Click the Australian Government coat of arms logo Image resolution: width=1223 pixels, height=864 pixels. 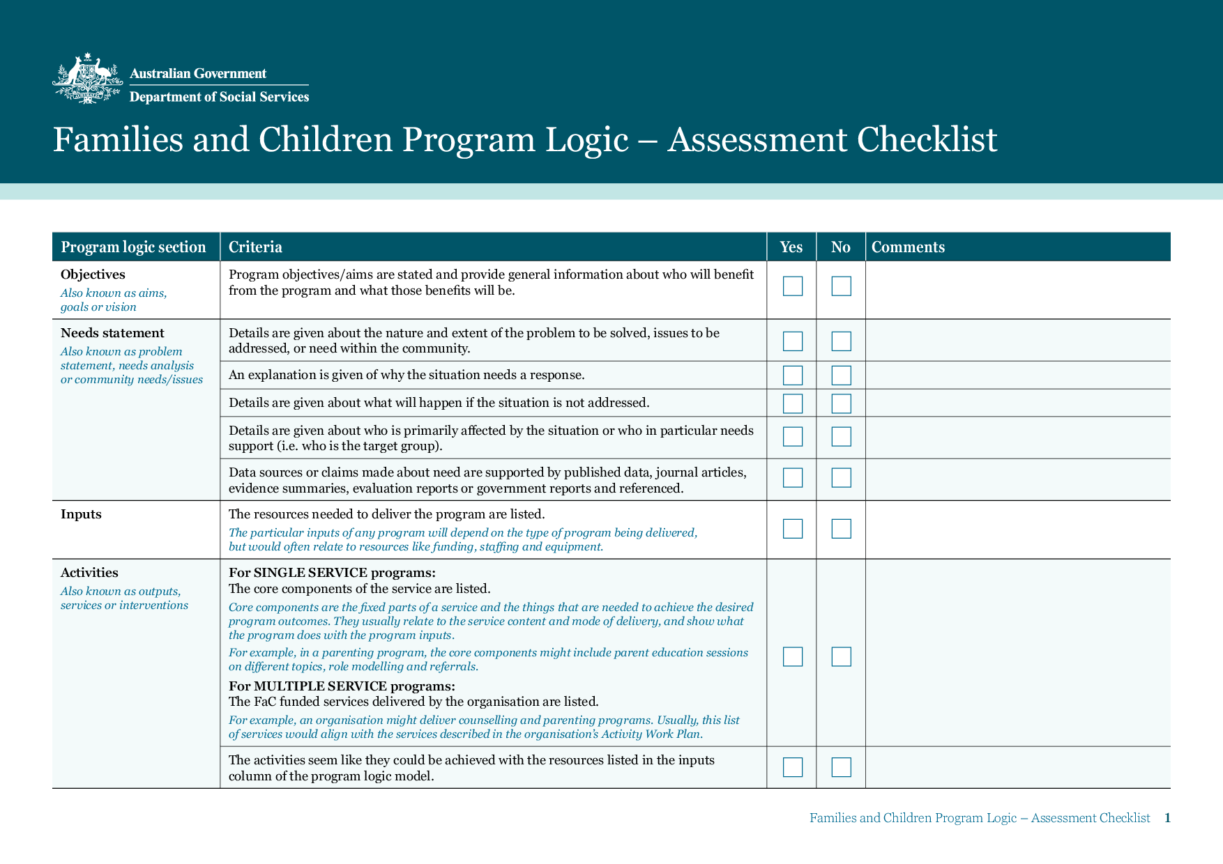pyautogui.click(x=87, y=79)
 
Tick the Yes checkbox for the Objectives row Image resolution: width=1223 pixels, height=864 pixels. pyautogui.click(x=792, y=286)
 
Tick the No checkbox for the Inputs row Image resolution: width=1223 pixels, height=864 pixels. pyautogui.click(x=841, y=529)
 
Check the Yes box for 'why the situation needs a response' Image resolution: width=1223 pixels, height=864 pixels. pyautogui.click(x=792, y=376)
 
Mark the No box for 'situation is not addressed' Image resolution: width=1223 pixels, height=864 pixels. pyautogui.click(x=841, y=403)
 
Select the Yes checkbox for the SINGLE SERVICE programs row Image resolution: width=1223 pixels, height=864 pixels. pyautogui.click(x=792, y=656)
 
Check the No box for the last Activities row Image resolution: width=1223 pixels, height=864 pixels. pyautogui.click(x=841, y=767)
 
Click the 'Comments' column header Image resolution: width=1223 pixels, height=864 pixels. pyautogui.click(x=908, y=247)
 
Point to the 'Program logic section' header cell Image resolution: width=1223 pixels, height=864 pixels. pyautogui.click(x=133, y=247)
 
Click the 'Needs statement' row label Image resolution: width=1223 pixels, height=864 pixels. pyautogui.click(x=112, y=333)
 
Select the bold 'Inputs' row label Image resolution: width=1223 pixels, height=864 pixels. pyautogui.click(x=81, y=514)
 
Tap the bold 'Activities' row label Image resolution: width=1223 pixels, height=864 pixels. pyautogui.click(x=89, y=573)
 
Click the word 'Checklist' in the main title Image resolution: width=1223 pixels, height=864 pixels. pyautogui.click(x=927, y=139)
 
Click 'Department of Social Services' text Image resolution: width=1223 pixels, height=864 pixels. pyautogui.click(x=219, y=97)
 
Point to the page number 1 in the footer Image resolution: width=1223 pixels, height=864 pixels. pyautogui.click(x=1167, y=818)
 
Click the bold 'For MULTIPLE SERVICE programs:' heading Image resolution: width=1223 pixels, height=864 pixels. pyautogui.click(x=342, y=686)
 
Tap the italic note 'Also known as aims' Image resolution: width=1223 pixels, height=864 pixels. pyautogui.click(x=113, y=293)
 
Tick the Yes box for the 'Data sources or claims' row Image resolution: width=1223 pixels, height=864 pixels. pyautogui.click(x=792, y=478)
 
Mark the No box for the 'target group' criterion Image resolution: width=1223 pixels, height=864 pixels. pyautogui.click(x=841, y=437)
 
